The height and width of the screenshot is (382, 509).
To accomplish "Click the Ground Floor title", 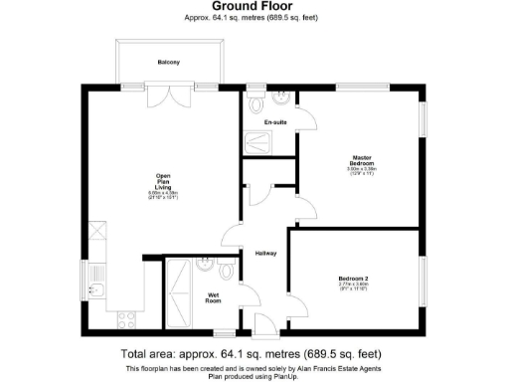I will coord(254,6).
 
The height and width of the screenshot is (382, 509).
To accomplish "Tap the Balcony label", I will coord(168,63).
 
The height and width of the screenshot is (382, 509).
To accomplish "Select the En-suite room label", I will coord(275,122).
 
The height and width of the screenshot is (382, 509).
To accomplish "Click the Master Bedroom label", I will coord(361,160).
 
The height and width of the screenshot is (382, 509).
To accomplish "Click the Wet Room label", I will coord(214,297).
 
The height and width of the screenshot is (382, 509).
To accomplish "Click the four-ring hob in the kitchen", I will coord(127,318).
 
